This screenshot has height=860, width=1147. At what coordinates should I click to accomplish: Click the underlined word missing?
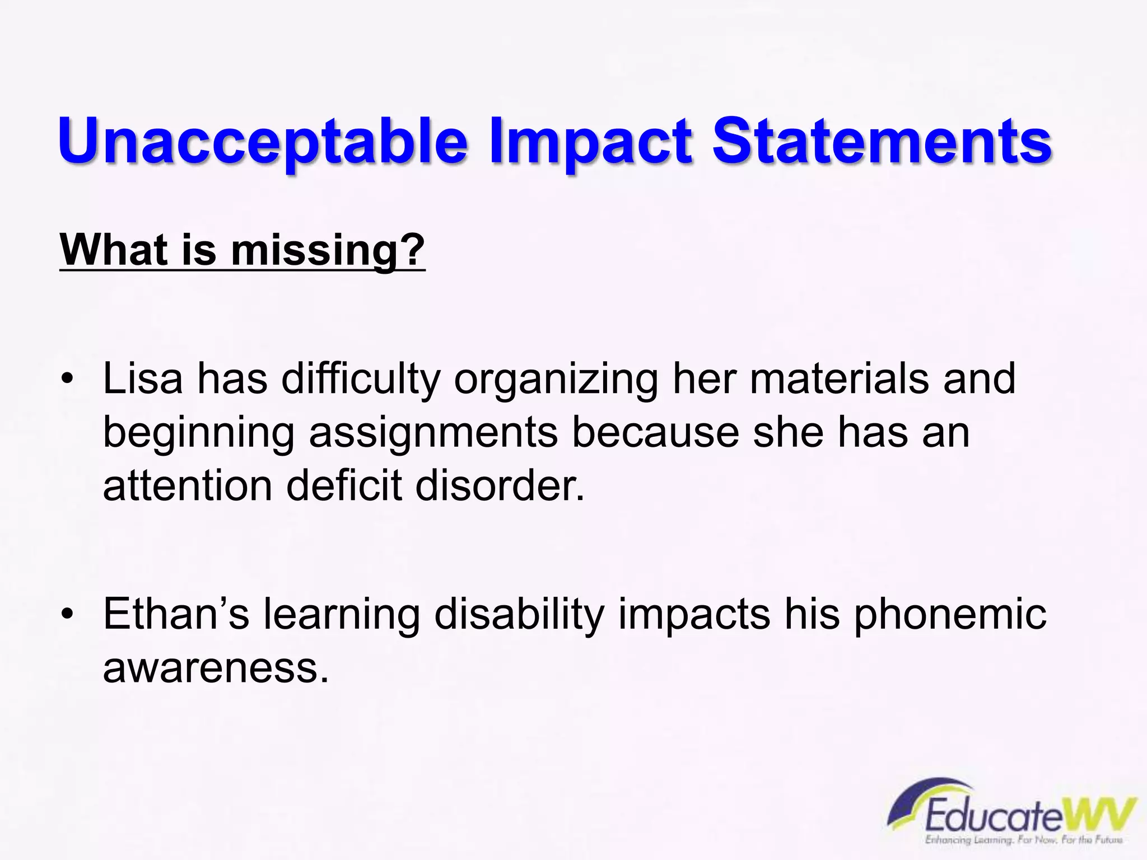(328, 250)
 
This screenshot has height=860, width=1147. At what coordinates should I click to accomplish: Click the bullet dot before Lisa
(67, 380)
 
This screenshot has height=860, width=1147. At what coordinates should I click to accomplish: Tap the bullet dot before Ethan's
(67, 615)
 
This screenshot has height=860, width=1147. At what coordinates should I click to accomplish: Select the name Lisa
(143, 378)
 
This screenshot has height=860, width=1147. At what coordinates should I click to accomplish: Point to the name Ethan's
(176, 614)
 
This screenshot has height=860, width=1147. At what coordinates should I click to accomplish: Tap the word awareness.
(216, 668)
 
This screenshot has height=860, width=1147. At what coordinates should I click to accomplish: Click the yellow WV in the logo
(1098, 815)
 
